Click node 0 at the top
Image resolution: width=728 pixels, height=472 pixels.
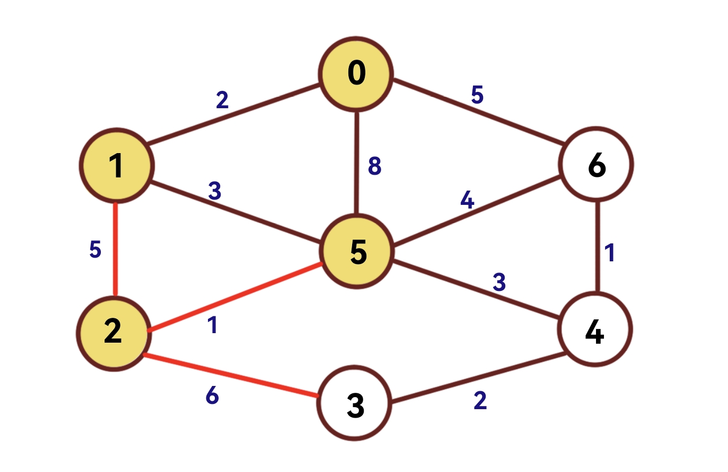pyautogui.click(x=356, y=74)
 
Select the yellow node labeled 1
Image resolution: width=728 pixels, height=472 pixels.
pyautogui.click(x=117, y=165)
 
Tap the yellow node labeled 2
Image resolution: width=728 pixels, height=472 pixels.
pyautogui.click(x=114, y=333)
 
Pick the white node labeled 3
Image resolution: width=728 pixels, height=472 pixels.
pyautogui.click(x=355, y=404)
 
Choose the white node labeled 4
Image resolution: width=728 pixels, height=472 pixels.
pyautogui.click(x=595, y=329)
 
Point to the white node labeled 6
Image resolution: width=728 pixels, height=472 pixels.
pyautogui.click(x=597, y=165)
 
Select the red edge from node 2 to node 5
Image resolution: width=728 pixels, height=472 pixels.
pyautogui.click(x=235, y=297)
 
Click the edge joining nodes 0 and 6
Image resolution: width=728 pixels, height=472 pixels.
pyautogui.click(x=478, y=111)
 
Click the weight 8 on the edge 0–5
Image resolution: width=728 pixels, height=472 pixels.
pyautogui.click(x=374, y=166)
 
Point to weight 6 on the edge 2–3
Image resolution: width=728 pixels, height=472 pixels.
pyautogui.click(x=212, y=395)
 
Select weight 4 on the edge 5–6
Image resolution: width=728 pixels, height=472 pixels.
pyautogui.click(x=467, y=200)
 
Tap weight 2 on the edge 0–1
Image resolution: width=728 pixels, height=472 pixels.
pyautogui.click(x=222, y=100)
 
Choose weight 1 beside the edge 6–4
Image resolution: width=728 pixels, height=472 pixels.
pyautogui.click(x=610, y=253)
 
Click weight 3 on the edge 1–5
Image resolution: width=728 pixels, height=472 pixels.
pyautogui.click(x=214, y=191)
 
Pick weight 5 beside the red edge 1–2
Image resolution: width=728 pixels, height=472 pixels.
pyautogui.click(x=95, y=249)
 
